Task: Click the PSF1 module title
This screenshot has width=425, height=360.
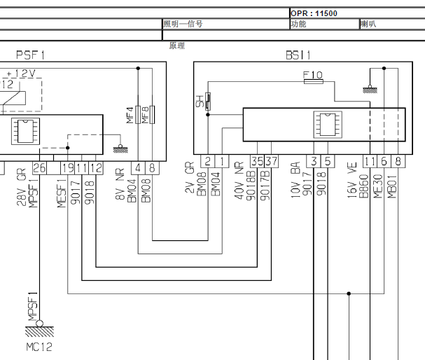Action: point(30,55)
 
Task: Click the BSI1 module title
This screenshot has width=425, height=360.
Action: point(298,55)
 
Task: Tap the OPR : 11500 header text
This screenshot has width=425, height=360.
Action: point(314,13)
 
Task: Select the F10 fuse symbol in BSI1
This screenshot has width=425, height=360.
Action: point(314,81)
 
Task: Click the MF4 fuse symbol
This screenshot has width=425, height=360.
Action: point(138,115)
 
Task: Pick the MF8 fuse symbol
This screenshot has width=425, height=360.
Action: point(152,115)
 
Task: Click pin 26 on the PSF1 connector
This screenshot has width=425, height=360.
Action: point(39,168)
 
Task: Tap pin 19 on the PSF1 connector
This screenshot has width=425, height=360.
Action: point(67,168)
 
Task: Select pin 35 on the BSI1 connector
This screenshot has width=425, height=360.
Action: point(257,161)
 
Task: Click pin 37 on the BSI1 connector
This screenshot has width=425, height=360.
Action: point(271,161)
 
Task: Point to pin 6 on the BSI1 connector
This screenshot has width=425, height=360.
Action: point(384,161)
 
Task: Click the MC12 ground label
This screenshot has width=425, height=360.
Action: point(39,347)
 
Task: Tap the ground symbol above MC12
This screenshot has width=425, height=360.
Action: point(40,328)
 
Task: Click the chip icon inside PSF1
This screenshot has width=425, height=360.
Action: point(25,131)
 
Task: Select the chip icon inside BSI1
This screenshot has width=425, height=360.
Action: point(328,125)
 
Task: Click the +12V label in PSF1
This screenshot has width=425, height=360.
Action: point(21,74)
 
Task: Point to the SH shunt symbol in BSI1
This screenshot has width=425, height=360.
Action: point(208,102)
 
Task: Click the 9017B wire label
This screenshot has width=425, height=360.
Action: point(265,186)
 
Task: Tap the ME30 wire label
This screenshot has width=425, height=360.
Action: point(378,186)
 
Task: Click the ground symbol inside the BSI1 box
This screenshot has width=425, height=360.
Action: point(370,89)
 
